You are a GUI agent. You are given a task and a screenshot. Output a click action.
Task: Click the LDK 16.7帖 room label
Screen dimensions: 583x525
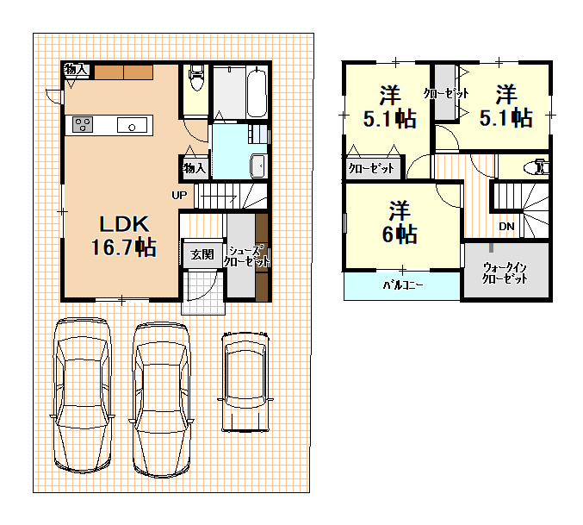(x=124, y=236)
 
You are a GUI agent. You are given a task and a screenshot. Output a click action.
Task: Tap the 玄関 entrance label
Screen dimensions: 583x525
(x=202, y=254)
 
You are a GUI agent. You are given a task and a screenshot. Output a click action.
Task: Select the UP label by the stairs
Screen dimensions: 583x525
(x=179, y=195)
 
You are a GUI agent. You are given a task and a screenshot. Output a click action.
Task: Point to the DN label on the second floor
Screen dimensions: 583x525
(x=506, y=226)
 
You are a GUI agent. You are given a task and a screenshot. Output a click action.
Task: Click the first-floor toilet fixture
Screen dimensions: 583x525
(x=196, y=78)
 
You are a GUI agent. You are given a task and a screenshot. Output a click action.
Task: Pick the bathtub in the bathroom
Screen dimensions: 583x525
(x=257, y=92)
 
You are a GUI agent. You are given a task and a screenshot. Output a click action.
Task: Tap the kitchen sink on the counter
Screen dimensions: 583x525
(x=132, y=125)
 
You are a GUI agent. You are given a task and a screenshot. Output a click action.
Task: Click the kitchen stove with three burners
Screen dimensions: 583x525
(x=83, y=125)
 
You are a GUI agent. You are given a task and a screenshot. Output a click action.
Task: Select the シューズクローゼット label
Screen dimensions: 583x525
(x=246, y=256)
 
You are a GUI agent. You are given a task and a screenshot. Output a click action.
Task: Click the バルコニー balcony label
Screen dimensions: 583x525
(x=403, y=285)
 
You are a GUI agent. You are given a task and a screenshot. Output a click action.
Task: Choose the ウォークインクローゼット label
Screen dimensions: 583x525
(x=505, y=272)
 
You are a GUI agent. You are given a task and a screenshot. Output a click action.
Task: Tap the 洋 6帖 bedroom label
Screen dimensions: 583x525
(x=400, y=222)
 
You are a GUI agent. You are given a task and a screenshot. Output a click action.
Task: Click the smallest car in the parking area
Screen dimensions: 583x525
(x=245, y=382)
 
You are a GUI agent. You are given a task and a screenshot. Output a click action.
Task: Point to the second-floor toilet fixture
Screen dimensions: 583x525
(x=536, y=167)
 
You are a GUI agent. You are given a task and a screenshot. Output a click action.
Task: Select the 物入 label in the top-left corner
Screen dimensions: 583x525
(x=76, y=69)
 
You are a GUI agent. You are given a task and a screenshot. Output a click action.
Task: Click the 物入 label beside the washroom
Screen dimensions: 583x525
(x=194, y=168)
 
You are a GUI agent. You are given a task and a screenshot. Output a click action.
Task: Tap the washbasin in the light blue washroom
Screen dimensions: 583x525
(x=258, y=166)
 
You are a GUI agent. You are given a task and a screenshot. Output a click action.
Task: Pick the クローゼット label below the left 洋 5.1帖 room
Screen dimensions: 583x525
(x=371, y=169)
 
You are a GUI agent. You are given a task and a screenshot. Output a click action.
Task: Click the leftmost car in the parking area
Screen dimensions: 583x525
(x=82, y=396)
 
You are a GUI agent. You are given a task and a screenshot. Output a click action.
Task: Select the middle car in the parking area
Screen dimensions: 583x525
(x=161, y=400)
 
